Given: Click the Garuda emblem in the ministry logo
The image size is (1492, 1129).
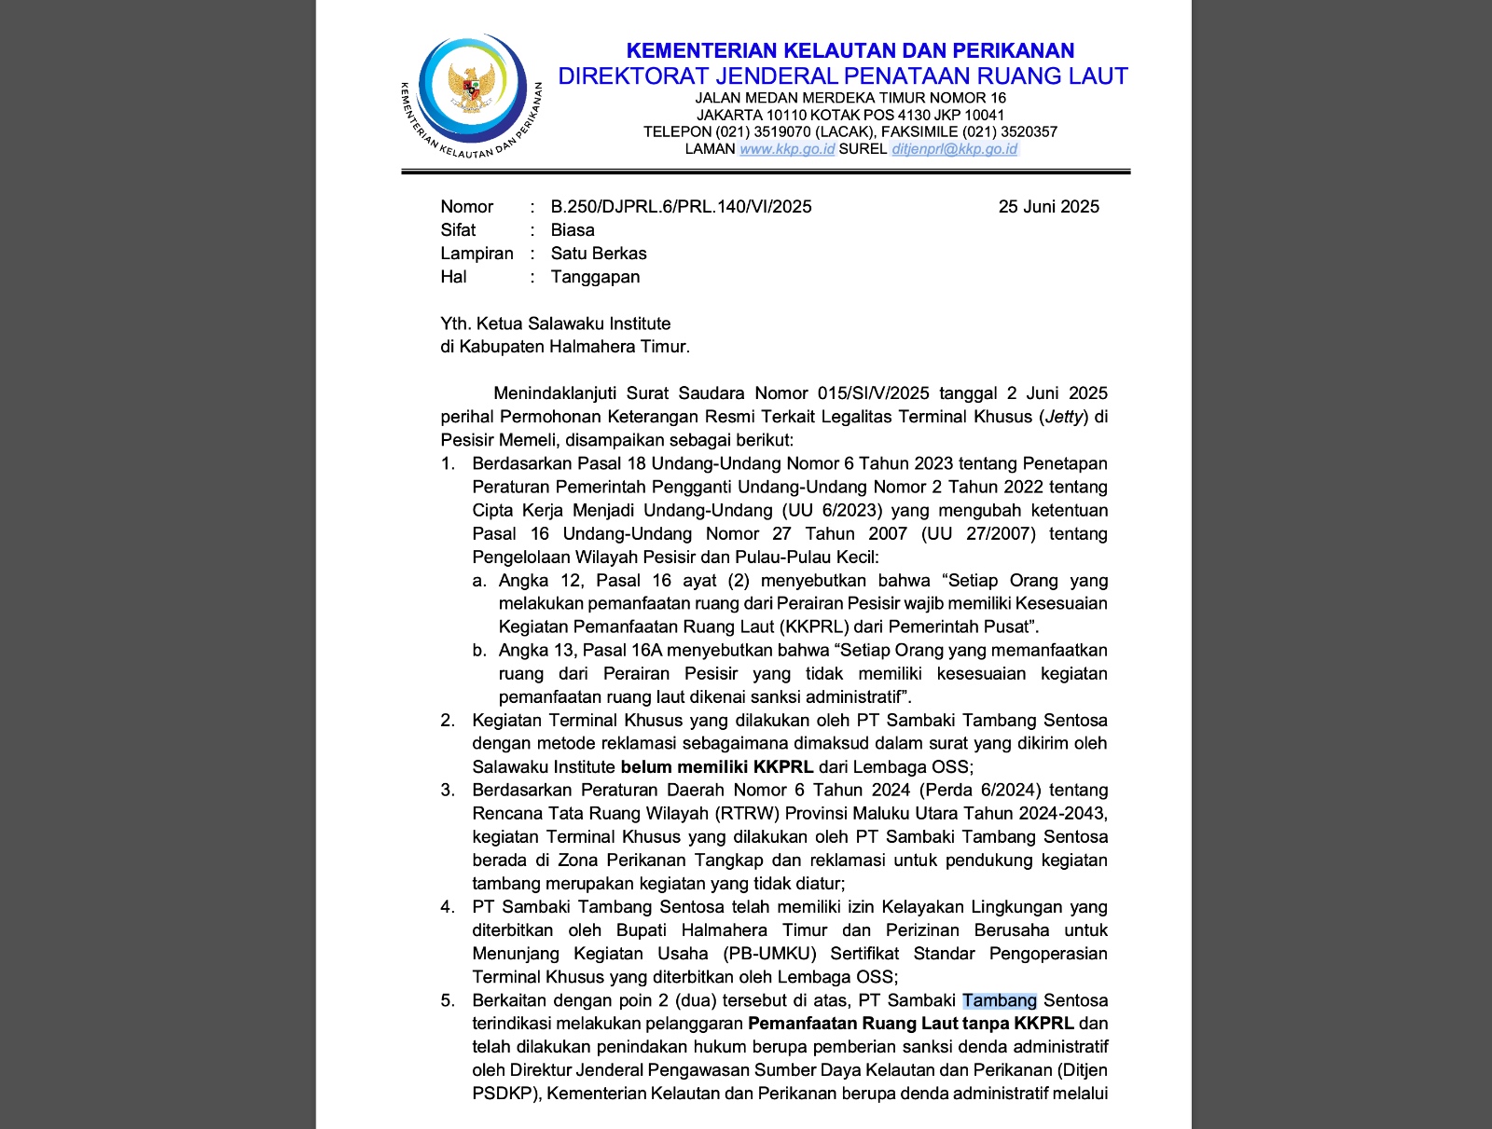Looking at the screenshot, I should pyautogui.click(x=470, y=88).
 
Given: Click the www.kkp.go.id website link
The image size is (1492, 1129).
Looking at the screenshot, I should pyautogui.click(x=786, y=149).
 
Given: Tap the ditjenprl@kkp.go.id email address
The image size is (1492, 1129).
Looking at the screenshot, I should pyautogui.click(x=954, y=149).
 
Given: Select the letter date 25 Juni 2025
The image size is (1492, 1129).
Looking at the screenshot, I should pyautogui.click(x=1048, y=207).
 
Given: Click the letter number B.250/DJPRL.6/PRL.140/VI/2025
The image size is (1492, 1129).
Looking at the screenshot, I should pyautogui.click(x=681, y=207).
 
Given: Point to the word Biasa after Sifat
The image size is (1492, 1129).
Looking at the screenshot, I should pyautogui.click(x=573, y=230).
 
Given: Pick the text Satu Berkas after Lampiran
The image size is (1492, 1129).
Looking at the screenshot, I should pyautogui.click(x=599, y=254).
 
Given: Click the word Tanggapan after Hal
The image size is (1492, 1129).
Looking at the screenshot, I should pyautogui.click(x=595, y=277).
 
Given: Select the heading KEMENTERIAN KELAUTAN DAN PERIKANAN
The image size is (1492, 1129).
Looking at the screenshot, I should pyautogui.click(x=850, y=50).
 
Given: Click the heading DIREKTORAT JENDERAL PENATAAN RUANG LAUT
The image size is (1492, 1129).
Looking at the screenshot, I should pyautogui.click(x=843, y=76).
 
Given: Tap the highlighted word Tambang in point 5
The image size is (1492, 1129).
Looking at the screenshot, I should pyautogui.click(x=1000, y=1000).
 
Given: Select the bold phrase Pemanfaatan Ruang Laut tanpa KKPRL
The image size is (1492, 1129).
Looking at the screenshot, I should pyautogui.click(x=911, y=1024).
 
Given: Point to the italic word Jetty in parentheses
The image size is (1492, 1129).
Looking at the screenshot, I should pyautogui.click(x=1064, y=417).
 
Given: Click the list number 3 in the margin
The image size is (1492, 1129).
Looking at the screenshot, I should pyautogui.click(x=448, y=791).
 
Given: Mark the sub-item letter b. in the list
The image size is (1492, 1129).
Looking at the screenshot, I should pyautogui.click(x=479, y=651).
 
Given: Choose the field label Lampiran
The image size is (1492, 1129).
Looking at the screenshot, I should pyautogui.click(x=477, y=254).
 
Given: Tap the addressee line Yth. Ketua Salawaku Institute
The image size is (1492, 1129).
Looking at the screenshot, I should pyautogui.click(x=555, y=324).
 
